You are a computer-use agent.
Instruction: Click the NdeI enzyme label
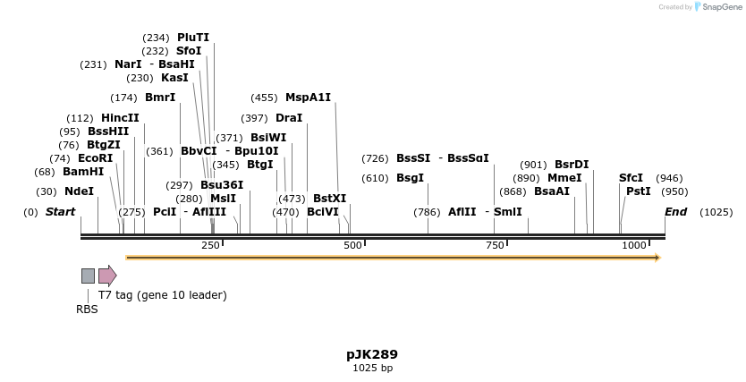(x=79, y=191)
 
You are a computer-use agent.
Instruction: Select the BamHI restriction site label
(x=83, y=172)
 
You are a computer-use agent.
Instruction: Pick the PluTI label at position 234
(x=193, y=38)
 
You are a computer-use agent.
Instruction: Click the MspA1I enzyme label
(x=308, y=98)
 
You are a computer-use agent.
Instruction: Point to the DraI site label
(x=289, y=118)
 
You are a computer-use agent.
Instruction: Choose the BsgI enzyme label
(x=410, y=178)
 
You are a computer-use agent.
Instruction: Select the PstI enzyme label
(x=639, y=191)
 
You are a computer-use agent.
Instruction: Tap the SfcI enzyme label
(x=631, y=178)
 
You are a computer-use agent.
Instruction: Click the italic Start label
(x=60, y=212)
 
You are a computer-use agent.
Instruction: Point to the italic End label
(x=675, y=212)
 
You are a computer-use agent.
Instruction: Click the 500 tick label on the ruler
(x=352, y=245)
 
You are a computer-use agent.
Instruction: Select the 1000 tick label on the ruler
(x=634, y=245)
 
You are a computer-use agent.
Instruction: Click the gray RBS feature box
(x=88, y=276)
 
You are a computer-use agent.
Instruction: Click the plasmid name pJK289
(x=372, y=354)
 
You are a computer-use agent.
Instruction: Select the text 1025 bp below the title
(x=372, y=368)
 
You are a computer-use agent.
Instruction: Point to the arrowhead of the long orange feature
(x=657, y=258)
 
